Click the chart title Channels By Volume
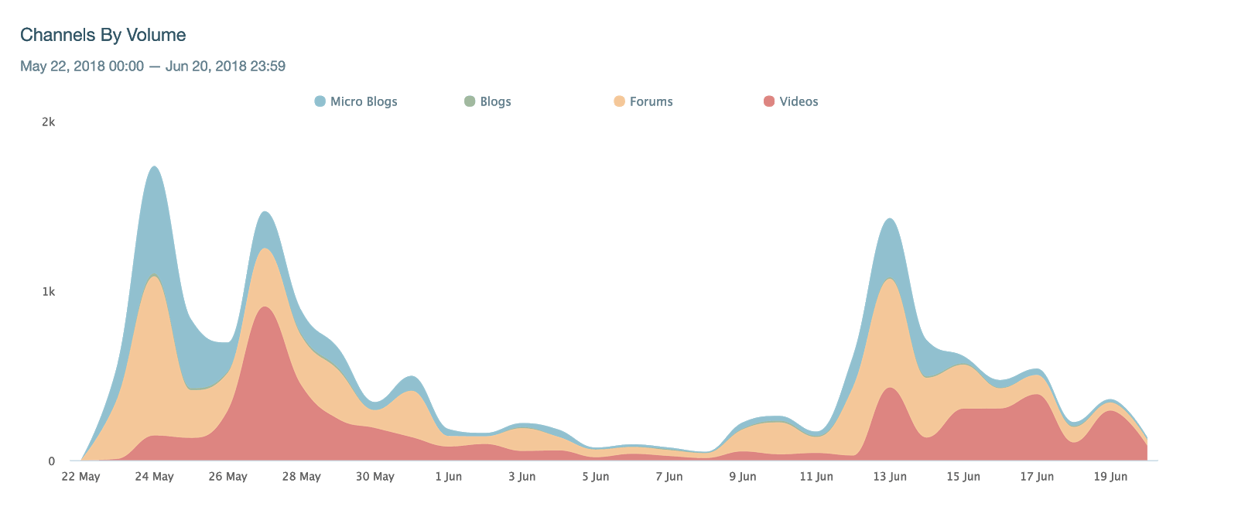point(103,35)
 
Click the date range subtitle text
point(152,67)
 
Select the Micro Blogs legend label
point(364,101)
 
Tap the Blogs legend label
point(495,101)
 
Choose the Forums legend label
point(651,101)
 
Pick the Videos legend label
point(799,101)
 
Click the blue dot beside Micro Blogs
point(320,101)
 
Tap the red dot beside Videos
point(769,101)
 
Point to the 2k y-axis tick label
point(48,122)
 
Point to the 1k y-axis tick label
point(48,292)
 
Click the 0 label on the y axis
point(52,461)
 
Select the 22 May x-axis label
point(80,477)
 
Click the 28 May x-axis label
point(301,477)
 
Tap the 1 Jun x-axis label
point(448,477)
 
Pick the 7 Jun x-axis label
point(669,477)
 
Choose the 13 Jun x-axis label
point(890,477)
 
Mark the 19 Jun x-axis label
point(1110,477)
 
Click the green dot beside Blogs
point(470,101)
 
